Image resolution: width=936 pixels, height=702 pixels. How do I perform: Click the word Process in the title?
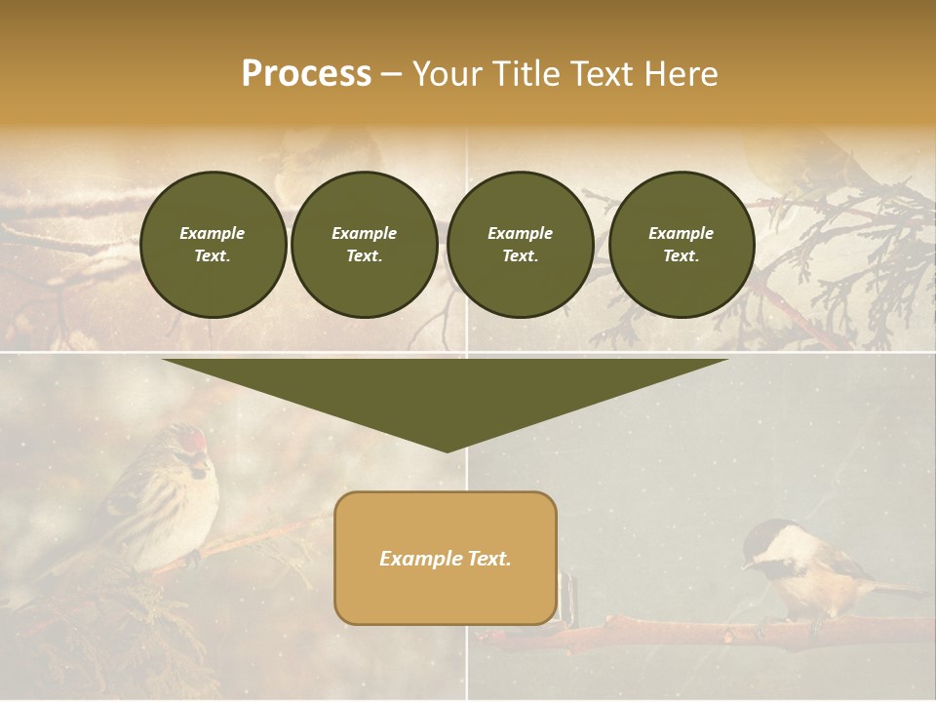306,74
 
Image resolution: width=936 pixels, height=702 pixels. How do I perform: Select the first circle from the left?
213,245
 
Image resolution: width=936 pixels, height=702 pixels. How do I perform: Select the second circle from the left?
364,245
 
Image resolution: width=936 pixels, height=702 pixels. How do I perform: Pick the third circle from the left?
520,245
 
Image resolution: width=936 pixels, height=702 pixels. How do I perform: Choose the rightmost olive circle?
681,245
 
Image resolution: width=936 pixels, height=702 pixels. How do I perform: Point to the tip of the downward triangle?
447,449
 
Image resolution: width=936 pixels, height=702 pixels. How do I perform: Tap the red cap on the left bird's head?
200,439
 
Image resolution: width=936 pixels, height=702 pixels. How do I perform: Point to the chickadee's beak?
745,565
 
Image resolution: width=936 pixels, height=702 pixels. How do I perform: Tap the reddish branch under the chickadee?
682,635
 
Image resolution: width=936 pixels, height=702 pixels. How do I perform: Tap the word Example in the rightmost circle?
681,233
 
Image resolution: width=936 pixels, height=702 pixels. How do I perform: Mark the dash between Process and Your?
391,75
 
